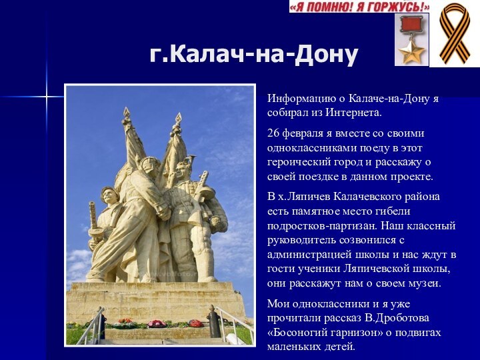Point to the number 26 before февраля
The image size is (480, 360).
[273, 133]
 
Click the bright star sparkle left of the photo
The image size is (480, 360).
[46, 97]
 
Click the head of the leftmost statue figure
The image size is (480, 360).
[109, 195]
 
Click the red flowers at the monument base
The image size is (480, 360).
[157, 323]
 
